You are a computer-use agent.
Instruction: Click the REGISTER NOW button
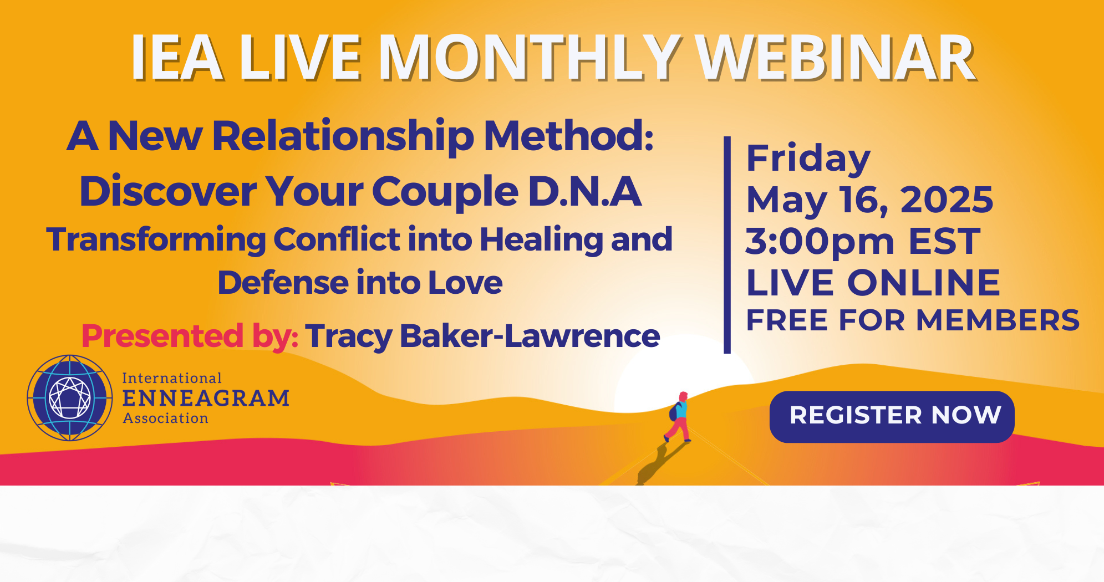pos(892,417)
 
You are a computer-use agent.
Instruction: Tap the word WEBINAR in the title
pos(836,58)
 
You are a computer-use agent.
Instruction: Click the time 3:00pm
pos(820,243)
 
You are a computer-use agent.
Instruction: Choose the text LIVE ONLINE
pos(873,283)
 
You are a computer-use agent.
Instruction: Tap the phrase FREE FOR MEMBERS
pos(913,320)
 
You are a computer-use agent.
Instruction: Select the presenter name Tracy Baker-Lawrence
pos(482,336)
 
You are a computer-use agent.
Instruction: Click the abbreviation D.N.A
pos(584,191)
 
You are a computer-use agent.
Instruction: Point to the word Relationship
pos(343,137)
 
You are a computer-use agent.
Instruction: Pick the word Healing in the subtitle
pos(541,241)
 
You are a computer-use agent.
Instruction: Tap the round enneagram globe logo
pos(70,398)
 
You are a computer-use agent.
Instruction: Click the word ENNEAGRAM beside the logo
pos(206,398)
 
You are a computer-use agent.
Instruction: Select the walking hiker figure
pos(678,417)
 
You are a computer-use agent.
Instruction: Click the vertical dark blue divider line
pos(727,244)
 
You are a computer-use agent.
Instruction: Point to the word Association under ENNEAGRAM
pos(165,418)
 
